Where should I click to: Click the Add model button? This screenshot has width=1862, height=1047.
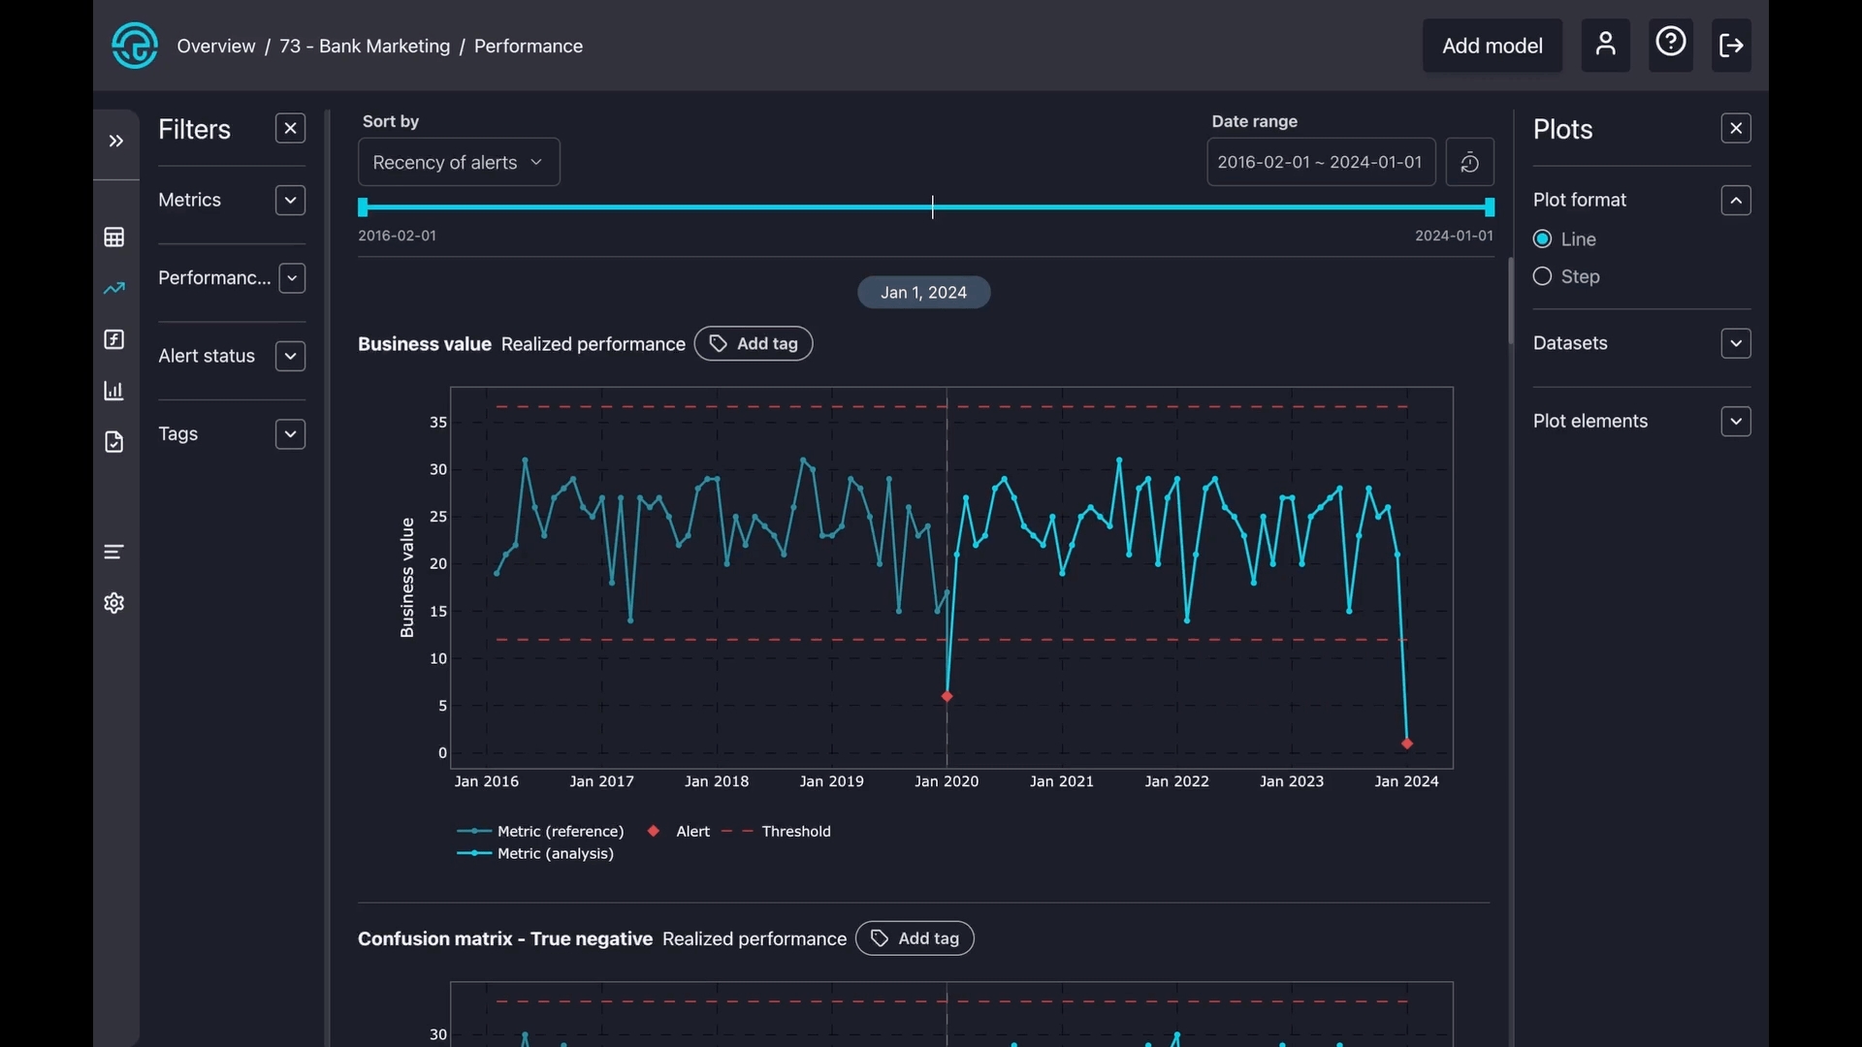pos(1492,46)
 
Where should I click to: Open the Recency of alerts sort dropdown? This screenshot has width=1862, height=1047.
pos(459,163)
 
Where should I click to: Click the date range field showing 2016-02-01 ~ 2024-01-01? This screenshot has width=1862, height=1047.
pos(1320,162)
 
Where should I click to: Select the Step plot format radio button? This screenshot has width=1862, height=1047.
pos(1542,277)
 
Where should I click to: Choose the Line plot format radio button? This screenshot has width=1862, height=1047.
pos(1542,239)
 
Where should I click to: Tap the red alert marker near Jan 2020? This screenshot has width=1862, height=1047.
pos(947,697)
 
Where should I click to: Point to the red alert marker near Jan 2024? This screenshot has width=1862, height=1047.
pos(1407,745)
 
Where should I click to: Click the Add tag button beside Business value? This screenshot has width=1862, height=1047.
pos(754,344)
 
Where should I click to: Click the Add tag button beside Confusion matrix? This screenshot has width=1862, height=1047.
pos(915,938)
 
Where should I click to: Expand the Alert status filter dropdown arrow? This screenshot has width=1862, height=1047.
pos(290,357)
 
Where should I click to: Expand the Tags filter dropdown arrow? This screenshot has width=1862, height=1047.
pos(290,434)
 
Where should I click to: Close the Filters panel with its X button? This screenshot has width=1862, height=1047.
pos(290,129)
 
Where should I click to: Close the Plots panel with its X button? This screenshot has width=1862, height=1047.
pos(1736,129)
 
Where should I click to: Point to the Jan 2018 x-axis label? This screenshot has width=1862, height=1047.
pos(717,781)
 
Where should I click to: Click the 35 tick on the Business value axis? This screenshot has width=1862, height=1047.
pos(438,423)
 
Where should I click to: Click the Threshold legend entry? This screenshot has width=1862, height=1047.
pos(795,832)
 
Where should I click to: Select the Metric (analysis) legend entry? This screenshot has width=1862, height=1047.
pos(555,854)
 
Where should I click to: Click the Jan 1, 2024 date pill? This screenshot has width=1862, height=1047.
pos(923,293)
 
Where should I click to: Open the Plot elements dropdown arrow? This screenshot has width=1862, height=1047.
pos(1736,422)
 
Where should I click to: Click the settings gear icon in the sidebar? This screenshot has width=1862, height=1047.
pos(114,604)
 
